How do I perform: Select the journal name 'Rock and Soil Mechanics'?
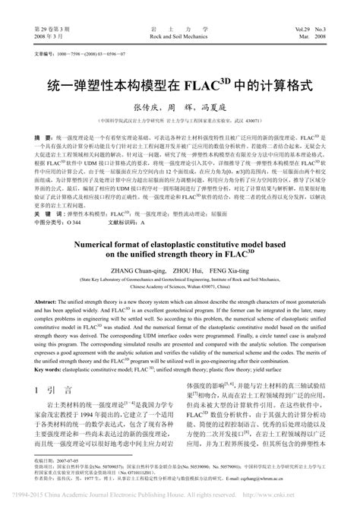[180, 36]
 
